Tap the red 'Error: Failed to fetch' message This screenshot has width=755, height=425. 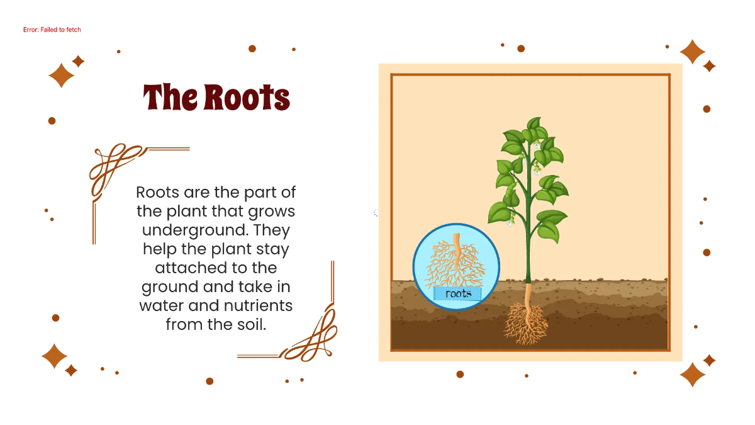[x=52, y=30]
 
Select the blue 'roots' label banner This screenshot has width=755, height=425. [x=457, y=293]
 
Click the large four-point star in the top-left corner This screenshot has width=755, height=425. [x=62, y=76]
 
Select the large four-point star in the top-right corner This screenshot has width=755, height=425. [x=692, y=52]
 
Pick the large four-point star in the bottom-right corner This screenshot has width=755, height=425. [x=692, y=374]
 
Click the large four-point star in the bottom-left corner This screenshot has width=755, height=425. [x=54, y=356]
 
